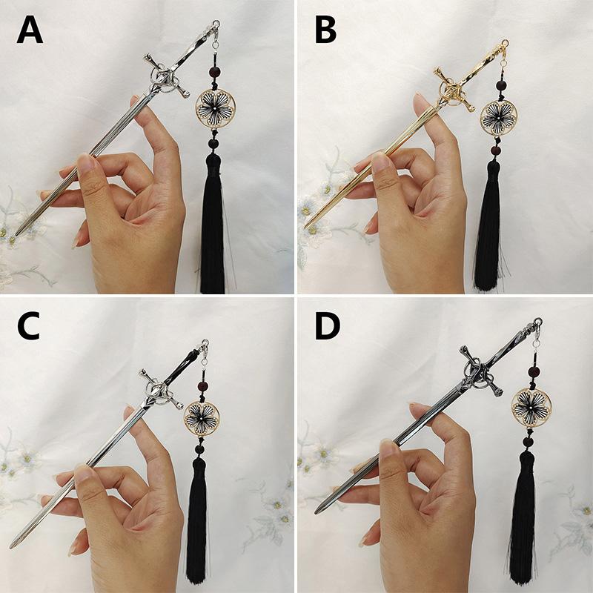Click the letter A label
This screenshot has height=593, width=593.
click(30, 30)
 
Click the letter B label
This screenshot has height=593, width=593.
click(325, 30)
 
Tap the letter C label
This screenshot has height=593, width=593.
click(28, 326)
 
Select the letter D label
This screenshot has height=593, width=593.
click(328, 326)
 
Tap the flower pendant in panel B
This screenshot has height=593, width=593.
click(498, 118)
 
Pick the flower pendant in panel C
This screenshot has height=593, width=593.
click(202, 419)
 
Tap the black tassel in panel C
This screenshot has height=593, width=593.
click(197, 521)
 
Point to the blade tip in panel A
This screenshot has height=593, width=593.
click(16, 235)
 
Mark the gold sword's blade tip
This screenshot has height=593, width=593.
click(306, 228)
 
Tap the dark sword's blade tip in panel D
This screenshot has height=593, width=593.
click(317, 512)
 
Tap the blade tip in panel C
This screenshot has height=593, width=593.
click(12, 546)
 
